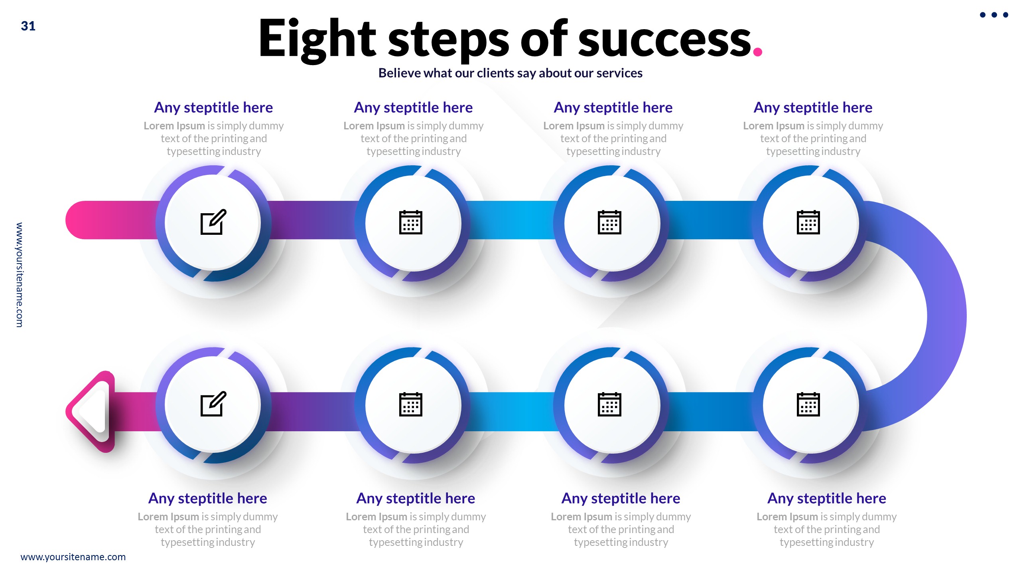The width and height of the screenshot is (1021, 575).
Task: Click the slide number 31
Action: (28, 26)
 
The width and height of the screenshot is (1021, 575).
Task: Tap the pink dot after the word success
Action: (757, 52)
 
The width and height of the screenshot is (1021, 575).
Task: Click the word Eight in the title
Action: (317, 39)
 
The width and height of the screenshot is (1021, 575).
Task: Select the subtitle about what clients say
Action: (510, 73)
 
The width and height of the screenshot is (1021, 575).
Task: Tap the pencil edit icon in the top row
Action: (213, 222)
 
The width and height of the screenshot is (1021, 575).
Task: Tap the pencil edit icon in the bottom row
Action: (213, 404)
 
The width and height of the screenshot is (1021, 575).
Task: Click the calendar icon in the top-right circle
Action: (808, 222)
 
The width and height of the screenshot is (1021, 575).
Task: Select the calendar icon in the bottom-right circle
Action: (808, 404)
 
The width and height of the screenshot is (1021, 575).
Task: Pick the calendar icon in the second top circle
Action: (410, 222)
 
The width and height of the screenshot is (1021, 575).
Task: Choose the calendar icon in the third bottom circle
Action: (609, 404)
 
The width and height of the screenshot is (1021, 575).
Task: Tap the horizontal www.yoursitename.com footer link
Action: (73, 557)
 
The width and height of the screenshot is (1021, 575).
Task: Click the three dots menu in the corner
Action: (994, 15)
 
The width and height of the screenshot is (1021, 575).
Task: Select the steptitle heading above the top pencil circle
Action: (213, 107)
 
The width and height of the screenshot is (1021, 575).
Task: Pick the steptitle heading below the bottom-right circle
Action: (826, 498)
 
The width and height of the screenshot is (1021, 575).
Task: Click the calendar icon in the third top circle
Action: (609, 222)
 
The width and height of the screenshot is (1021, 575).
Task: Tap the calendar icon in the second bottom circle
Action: (410, 404)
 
